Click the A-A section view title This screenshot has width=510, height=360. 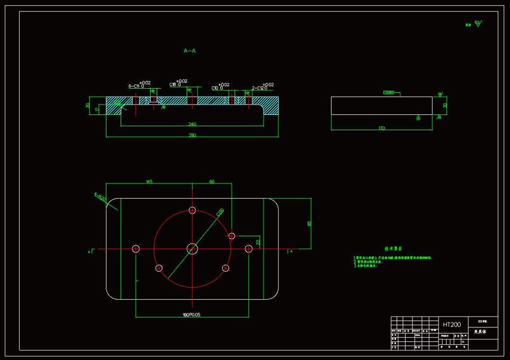point(190,51)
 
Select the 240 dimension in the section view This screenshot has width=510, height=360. point(192,124)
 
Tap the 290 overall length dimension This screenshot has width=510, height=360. point(192,135)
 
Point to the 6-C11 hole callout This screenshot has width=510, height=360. point(136,86)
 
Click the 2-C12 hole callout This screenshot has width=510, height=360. point(260,88)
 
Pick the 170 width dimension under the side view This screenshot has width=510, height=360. point(381,129)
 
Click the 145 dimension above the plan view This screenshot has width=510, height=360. point(149,182)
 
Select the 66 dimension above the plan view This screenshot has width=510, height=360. point(212,182)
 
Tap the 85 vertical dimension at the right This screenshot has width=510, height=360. point(309,223)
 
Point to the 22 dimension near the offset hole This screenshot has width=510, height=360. point(258,242)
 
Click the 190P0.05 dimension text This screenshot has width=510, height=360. point(191,315)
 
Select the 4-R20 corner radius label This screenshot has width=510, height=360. point(101,198)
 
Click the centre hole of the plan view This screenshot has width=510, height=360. point(192,249)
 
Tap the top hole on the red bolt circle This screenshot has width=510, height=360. point(192,211)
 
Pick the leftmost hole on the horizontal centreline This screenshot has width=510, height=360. point(136,249)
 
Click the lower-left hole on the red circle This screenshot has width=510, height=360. point(159,268)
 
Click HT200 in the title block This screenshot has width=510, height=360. point(452,324)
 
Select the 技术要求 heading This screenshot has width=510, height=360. point(393,249)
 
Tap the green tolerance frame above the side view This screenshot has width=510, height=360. point(389,92)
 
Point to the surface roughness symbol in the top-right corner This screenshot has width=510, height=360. point(477,23)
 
